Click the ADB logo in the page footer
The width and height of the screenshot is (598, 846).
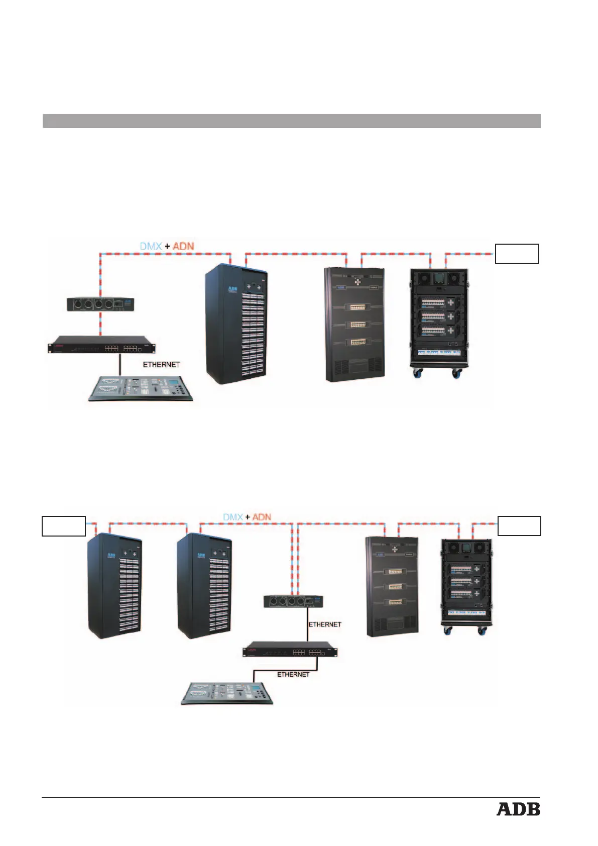point(518,809)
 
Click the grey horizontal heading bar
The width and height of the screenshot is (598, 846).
point(291,121)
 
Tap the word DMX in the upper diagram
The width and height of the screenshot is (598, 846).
point(151,246)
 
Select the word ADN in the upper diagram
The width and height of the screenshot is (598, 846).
point(183,246)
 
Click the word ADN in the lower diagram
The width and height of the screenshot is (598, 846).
point(262,517)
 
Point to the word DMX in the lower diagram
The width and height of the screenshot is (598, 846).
point(233,517)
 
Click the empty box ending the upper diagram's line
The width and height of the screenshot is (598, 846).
point(517,254)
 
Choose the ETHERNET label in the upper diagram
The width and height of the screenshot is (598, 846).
point(161,364)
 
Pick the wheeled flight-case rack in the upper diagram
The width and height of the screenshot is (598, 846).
point(438,322)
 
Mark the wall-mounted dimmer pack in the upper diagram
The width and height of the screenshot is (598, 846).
point(354,324)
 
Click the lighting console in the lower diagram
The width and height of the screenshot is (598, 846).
point(227,693)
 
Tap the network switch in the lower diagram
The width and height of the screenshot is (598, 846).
point(290,652)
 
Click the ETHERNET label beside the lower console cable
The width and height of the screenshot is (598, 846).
point(293,674)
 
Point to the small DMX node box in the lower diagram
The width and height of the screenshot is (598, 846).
point(293,601)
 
